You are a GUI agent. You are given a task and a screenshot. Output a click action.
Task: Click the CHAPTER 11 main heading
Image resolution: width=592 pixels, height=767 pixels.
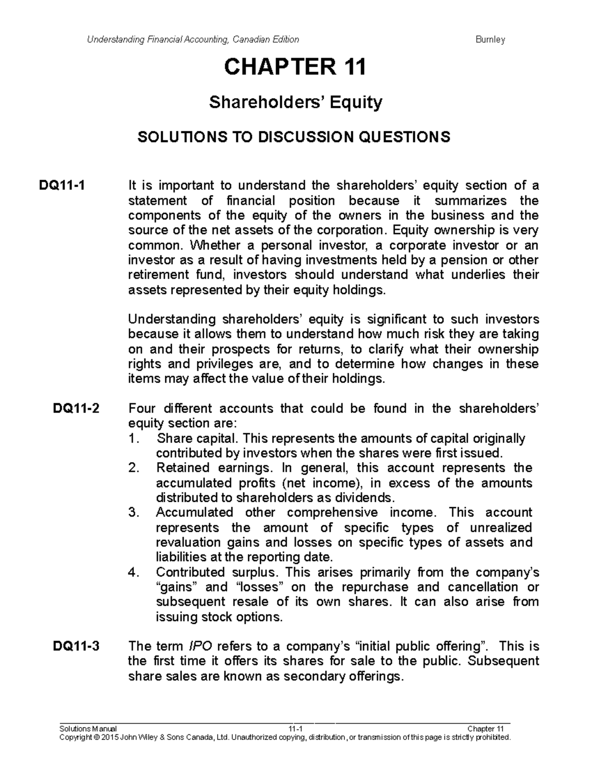pos(295,67)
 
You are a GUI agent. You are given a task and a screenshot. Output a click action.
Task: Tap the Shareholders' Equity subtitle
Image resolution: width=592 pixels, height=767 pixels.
pos(296,103)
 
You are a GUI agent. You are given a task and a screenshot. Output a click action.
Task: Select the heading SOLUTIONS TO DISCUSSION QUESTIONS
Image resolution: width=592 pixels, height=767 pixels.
pos(294,137)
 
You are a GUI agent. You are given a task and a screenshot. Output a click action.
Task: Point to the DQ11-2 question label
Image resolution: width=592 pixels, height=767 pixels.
pos(76,408)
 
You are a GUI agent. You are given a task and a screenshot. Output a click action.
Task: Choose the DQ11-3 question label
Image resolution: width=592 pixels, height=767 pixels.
pos(76,646)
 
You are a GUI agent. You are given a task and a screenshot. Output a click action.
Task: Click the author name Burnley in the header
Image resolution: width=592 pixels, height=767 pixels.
pos(490,40)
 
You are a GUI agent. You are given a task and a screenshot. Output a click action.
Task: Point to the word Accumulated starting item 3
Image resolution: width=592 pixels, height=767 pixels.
pos(194,512)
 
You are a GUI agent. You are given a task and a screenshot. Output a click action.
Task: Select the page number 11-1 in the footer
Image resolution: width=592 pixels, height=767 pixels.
pos(295,729)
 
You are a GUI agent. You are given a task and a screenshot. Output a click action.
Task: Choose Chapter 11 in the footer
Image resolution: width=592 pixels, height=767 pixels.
pos(485,729)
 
